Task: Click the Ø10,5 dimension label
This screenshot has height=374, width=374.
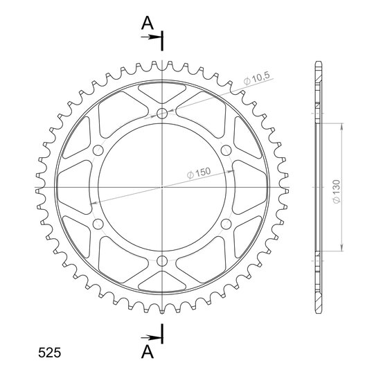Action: click(x=257, y=78)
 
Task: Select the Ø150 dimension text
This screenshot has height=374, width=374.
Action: click(x=199, y=172)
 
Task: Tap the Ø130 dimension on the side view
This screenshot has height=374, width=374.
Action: click(x=337, y=192)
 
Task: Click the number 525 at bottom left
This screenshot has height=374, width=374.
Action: click(x=50, y=353)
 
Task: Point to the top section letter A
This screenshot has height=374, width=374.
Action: click(x=148, y=24)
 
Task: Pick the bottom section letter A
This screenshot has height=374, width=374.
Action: click(x=148, y=352)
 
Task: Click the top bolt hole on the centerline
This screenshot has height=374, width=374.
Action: click(x=162, y=114)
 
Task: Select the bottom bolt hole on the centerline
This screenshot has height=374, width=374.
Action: click(x=162, y=261)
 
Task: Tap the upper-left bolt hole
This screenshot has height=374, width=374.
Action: click(x=98, y=150)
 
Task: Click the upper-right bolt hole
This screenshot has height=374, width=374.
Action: click(x=226, y=150)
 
